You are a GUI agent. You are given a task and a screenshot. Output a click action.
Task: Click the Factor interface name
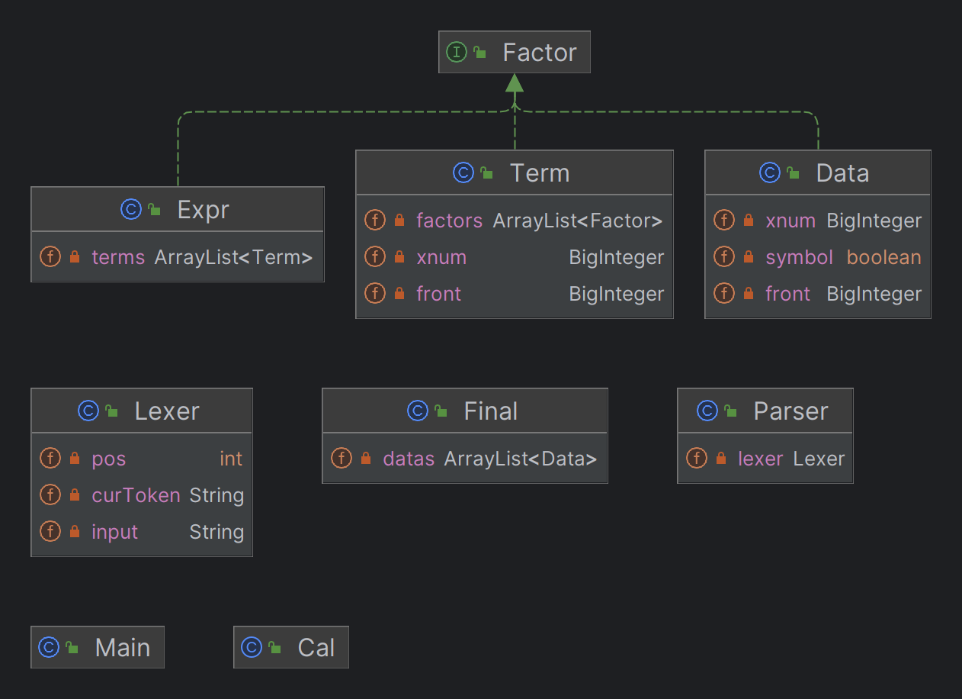[x=540, y=53]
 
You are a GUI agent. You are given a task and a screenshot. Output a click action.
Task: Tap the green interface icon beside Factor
[x=457, y=53]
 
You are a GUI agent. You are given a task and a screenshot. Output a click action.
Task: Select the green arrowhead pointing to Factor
[x=515, y=82]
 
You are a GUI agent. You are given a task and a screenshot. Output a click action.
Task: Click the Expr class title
[x=203, y=210]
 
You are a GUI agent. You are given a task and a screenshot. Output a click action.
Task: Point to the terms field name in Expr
[x=118, y=257]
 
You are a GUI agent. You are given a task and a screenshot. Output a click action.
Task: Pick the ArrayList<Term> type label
[x=233, y=257]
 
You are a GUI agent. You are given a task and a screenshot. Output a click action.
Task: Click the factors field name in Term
[x=449, y=221]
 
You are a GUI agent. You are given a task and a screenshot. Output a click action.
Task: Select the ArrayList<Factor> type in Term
[x=577, y=221]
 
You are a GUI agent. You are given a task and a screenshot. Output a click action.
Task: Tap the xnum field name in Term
[x=441, y=257]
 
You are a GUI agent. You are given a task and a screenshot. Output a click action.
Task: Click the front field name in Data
[x=787, y=294]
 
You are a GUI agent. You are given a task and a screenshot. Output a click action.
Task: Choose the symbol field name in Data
[x=799, y=257]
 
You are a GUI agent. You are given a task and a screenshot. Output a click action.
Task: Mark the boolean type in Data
[x=883, y=257]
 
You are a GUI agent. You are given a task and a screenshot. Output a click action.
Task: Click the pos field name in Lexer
[x=109, y=459]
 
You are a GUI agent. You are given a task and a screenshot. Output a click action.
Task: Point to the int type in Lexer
[x=231, y=459]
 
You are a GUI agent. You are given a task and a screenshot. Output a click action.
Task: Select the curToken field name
[x=136, y=495]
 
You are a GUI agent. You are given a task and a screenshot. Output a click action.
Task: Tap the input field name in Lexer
[x=114, y=532]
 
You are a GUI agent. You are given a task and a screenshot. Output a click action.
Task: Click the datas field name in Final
[x=409, y=459]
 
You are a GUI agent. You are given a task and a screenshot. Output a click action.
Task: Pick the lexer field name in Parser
[x=760, y=459]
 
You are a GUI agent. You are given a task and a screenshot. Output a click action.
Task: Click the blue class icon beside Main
[x=49, y=647]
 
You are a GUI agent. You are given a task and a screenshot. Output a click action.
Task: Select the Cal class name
[x=316, y=647]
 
